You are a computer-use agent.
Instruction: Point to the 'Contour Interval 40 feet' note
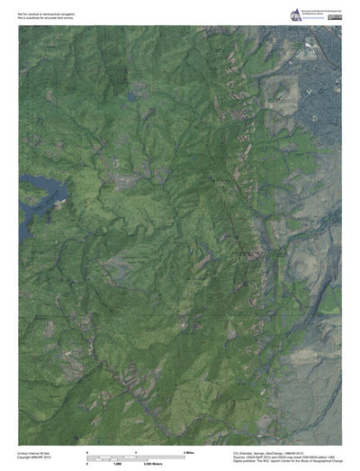[34, 452]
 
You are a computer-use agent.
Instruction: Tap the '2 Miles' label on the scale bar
[191, 450]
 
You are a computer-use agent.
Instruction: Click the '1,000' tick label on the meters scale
[117, 461]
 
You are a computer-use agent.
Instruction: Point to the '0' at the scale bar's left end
[87, 450]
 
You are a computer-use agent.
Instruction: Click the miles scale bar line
[135, 454]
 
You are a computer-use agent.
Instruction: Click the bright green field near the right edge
[334, 297]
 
